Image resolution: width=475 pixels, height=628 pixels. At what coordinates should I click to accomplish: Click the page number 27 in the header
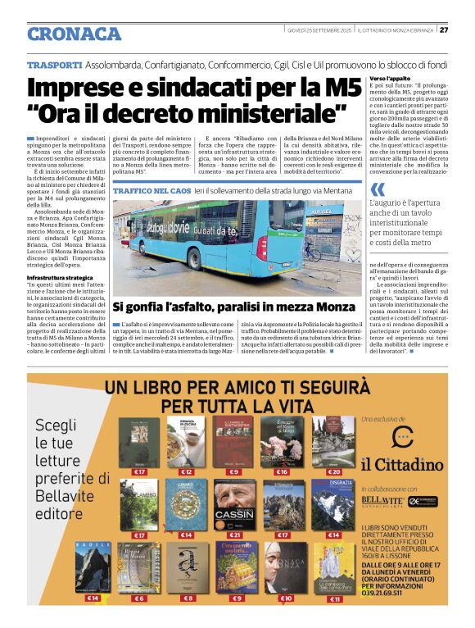(444, 30)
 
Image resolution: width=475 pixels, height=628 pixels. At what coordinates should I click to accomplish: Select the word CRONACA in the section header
(74, 34)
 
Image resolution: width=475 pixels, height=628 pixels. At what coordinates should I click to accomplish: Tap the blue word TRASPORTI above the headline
(54, 64)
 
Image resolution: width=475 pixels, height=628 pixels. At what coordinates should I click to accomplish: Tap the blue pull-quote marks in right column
(376, 190)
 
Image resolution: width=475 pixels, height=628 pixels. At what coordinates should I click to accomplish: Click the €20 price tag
(333, 472)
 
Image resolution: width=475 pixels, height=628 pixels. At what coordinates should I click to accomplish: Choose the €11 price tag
(334, 599)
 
